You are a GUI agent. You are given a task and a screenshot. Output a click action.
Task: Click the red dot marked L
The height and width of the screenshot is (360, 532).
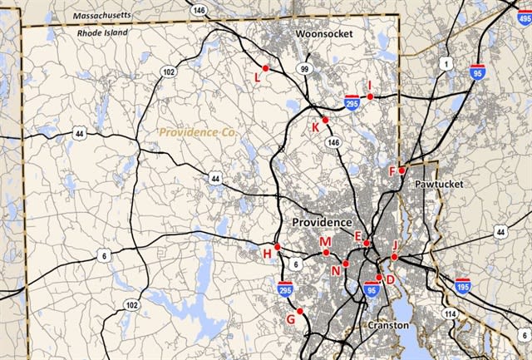tap(265, 68)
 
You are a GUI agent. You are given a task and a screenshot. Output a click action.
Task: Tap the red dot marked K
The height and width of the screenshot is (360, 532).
tap(326, 120)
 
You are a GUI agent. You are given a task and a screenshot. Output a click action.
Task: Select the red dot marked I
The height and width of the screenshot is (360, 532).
tap(370, 97)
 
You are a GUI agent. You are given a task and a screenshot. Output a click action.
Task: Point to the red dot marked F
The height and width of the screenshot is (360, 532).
tap(401, 170)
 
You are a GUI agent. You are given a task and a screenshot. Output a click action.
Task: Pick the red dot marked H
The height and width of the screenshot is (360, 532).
tap(277, 247)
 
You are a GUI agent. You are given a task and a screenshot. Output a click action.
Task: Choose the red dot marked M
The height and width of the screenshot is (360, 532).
tap(327, 252)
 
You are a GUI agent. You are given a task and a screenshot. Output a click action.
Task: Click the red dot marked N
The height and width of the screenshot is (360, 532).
tap(346, 263)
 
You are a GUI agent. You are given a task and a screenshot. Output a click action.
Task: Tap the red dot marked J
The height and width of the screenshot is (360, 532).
tap(394, 258)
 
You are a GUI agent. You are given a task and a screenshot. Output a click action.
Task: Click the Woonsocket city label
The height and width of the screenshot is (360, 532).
tap(324, 33)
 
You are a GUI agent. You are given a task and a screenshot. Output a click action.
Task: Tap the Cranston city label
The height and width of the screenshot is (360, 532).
tap(388, 326)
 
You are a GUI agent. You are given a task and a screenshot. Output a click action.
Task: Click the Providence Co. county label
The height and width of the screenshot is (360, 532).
tap(195, 132)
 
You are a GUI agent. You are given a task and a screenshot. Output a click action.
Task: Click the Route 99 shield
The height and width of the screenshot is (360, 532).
tap(305, 68)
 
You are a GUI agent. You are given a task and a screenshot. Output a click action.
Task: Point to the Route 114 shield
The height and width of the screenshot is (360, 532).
tap(450, 313)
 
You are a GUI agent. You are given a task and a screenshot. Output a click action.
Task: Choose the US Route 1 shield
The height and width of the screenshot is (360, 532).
tap(447, 63)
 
